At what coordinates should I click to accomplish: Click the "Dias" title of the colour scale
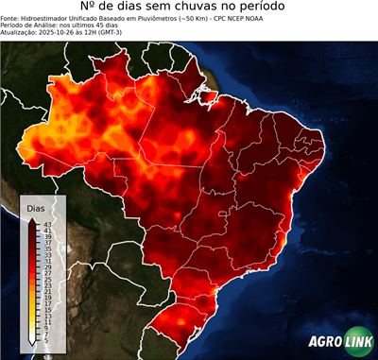click(36, 207)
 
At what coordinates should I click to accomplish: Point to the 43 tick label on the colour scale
click(46, 224)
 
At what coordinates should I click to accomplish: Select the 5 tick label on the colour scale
click(46, 338)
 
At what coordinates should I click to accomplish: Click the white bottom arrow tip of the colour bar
click(33, 341)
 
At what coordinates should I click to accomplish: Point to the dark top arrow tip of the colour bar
click(33, 219)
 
